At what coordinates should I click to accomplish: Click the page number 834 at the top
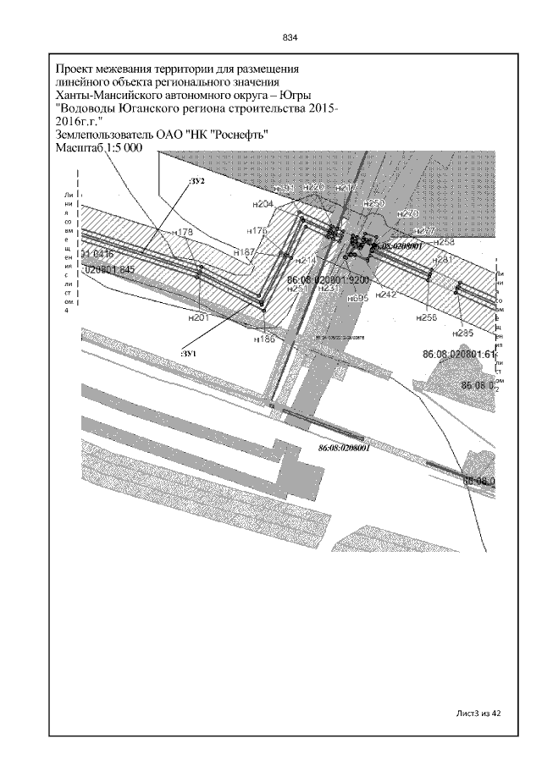coord(290,38)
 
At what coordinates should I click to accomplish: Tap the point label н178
coord(182,232)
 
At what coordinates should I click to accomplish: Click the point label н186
coord(265,338)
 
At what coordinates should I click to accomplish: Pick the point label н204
coord(263,205)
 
